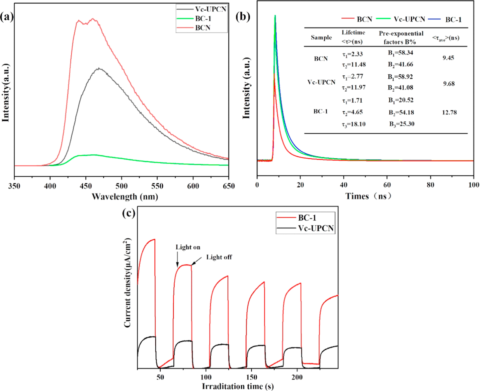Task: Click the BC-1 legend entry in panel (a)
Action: pos(203,18)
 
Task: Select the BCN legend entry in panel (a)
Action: pos(202,28)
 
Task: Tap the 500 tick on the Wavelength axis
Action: pos(121,186)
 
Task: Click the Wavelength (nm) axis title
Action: pos(125,197)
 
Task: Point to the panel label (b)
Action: pos(243,17)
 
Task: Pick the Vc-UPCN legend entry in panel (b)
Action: pos(409,19)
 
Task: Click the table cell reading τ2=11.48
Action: pos(354,64)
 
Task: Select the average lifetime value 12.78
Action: pos(449,112)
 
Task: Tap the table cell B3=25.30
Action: pos(402,124)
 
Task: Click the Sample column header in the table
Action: pos(321,38)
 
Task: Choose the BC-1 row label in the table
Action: pos(320,112)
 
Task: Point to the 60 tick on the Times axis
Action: pos(387,185)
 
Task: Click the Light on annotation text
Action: pos(188,247)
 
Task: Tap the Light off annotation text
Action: pos(219,257)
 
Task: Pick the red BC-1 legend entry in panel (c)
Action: pos(307,218)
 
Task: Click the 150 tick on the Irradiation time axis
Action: pos(252,377)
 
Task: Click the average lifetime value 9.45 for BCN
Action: pos(448,58)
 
